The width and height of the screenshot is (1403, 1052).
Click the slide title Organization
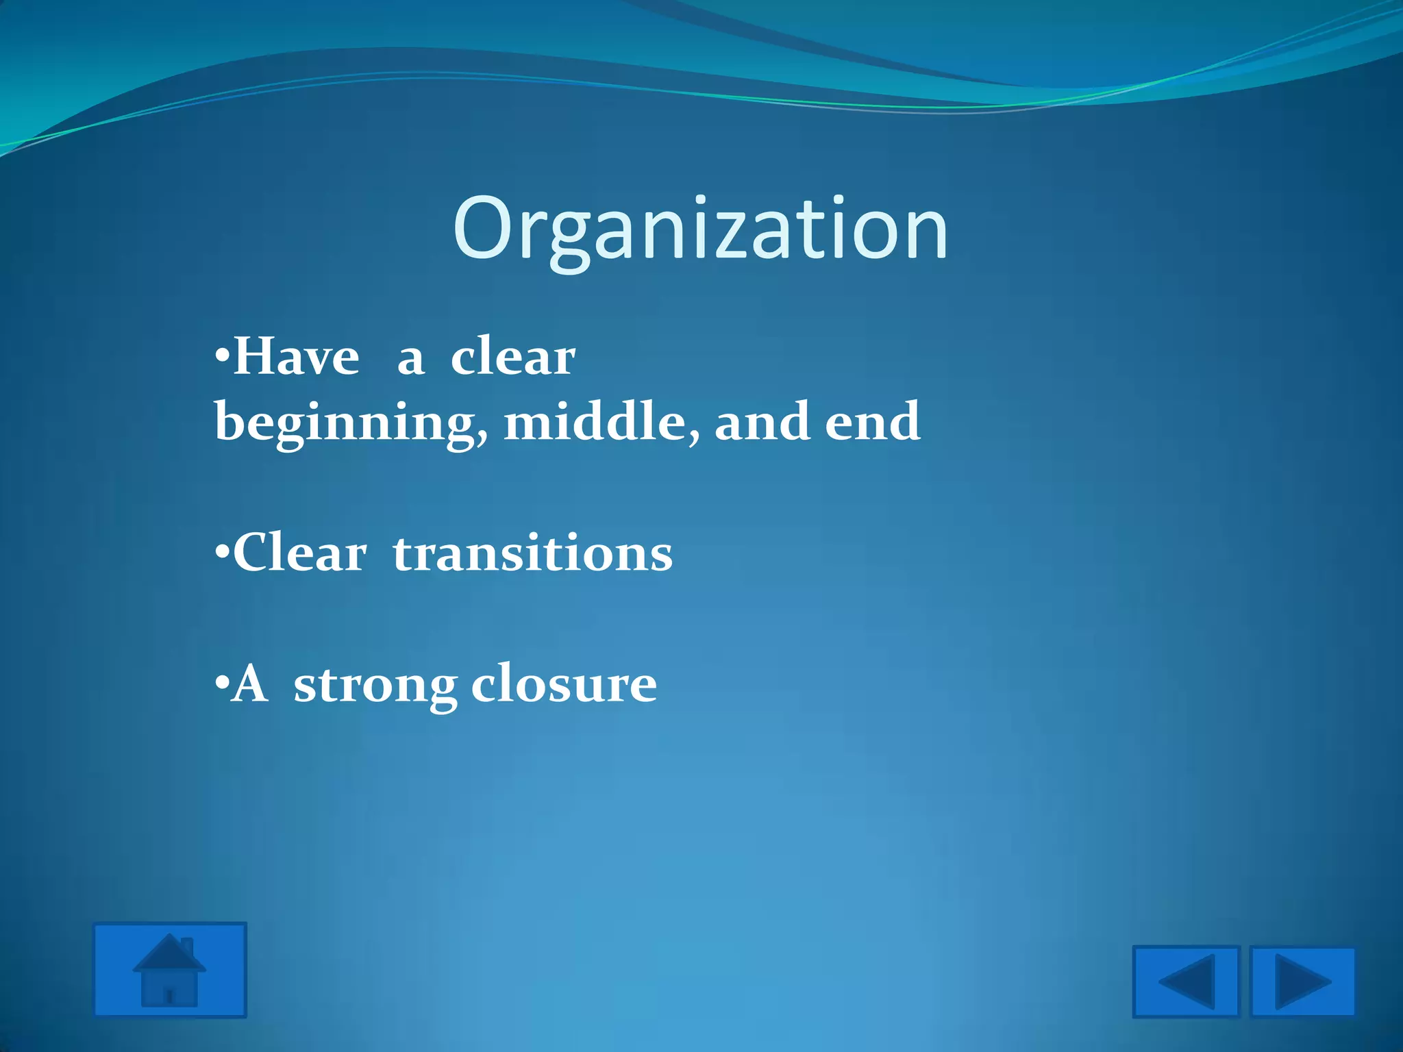coord(700,229)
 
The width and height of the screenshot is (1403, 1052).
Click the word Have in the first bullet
coord(296,358)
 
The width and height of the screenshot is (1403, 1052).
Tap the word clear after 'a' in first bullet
coord(512,358)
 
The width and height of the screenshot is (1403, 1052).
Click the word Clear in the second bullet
coord(300,553)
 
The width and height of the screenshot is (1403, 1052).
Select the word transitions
coord(533,553)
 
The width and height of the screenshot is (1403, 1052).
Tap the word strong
coord(375,685)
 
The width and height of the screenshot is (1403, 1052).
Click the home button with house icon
coord(170,970)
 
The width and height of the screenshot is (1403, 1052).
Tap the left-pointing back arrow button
coord(1186,981)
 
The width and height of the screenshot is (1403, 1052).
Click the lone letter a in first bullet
coord(410,360)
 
